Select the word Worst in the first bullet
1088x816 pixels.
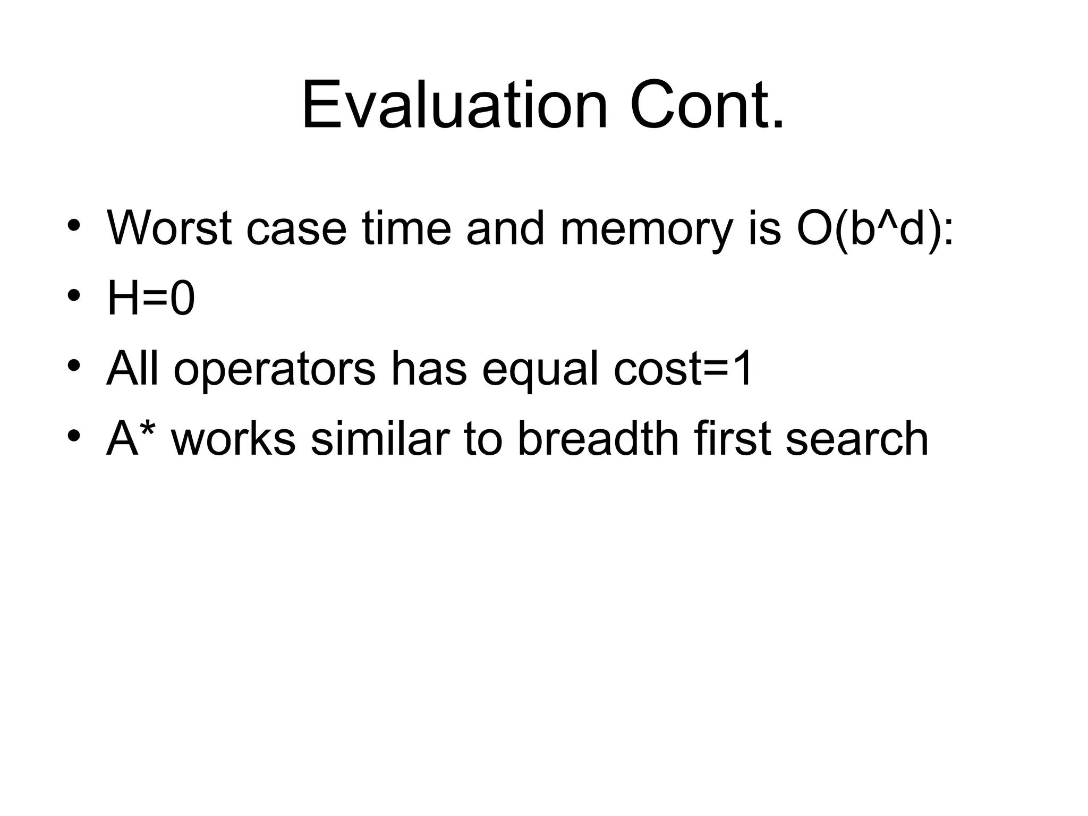coord(169,228)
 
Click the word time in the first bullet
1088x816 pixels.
coord(406,228)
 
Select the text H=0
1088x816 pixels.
coord(151,299)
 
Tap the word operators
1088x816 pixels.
coord(275,370)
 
